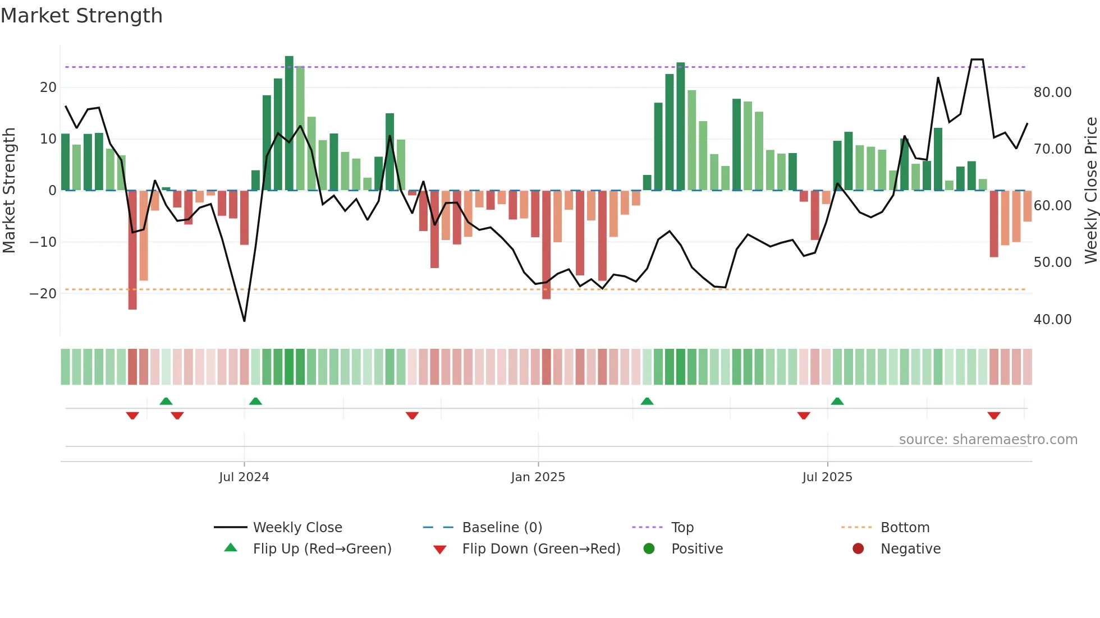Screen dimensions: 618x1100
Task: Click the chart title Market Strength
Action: pos(81,16)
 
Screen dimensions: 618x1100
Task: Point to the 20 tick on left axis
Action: pos(48,87)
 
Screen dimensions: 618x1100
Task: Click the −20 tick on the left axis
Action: pos(43,294)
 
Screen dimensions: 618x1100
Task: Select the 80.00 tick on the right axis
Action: pos(1052,93)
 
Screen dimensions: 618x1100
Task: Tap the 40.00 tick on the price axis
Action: pos(1052,320)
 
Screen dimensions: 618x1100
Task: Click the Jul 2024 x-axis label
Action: pos(244,477)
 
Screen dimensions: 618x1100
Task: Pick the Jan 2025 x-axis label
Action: pos(538,477)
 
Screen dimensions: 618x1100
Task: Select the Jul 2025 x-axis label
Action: pos(827,477)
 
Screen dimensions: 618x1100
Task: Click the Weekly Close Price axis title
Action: pos(1090,191)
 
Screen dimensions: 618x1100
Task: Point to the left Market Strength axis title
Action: pos(9,191)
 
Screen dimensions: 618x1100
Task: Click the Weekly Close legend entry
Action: pos(297,528)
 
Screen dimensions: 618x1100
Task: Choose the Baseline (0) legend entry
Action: pos(502,528)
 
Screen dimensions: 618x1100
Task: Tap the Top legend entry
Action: pos(682,528)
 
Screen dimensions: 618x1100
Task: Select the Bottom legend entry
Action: pos(905,528)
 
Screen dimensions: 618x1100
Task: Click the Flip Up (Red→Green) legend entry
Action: pos(322,549)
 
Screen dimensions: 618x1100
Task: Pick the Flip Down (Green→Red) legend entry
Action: pos(541,549)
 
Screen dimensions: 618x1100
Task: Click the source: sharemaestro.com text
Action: pos(988,440)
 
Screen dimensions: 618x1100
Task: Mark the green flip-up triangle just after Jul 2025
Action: pos(837,402)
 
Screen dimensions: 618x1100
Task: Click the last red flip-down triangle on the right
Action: pos(994,416)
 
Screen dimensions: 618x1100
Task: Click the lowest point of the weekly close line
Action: pos(244,321)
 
